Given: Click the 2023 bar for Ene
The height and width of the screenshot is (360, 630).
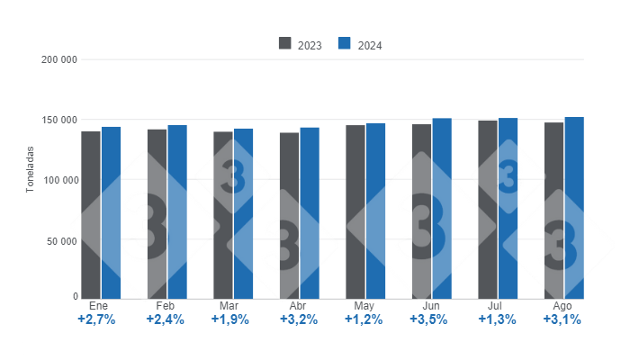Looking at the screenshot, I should (x=91, y=214).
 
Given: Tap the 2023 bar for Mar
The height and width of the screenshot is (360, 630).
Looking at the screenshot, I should (x=222, y=214).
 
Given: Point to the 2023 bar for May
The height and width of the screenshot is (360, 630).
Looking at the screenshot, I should (x=355, y=211).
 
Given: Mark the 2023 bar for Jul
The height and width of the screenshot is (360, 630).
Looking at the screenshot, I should (x=487, y=209).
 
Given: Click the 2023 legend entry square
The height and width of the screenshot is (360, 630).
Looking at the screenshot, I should (x=285, y=43).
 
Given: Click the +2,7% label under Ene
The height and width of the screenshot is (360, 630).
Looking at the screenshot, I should (x=97, y=320).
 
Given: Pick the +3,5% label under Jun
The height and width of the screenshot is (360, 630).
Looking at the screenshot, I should (x=429, y=320).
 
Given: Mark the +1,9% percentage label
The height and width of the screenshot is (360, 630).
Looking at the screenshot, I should (x=230, y=320).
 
